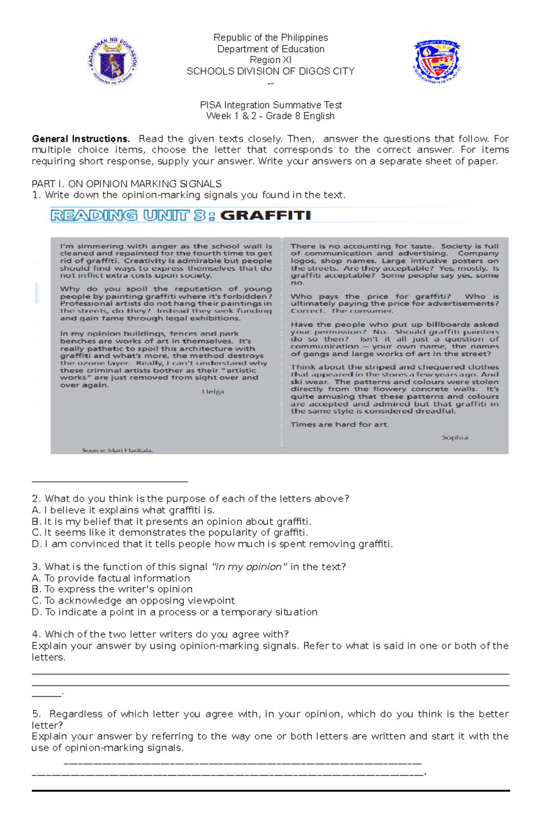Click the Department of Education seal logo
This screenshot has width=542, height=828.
point(112,61)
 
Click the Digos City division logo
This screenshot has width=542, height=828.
point(436,61)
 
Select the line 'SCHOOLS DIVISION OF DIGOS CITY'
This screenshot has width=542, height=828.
point(271,71)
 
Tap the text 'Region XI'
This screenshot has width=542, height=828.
point(271,60)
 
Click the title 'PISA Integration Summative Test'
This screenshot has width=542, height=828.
point(271,105)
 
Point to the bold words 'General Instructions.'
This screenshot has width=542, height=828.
point(80,139)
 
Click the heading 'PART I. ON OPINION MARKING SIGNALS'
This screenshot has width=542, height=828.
point(126,184)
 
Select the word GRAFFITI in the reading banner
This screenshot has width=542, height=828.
point(266,216)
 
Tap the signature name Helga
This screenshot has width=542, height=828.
point(213,392)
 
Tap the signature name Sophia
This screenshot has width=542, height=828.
point(455,437)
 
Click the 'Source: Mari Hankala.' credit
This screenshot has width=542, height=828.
point(117,450)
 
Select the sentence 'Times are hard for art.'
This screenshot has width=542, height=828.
point(340,425)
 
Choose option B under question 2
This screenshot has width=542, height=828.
point(172,522)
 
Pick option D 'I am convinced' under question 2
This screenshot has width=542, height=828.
point(212,544)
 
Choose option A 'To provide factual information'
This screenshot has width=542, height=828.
point(111,578)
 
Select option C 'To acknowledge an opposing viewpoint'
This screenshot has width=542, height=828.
point(134,601)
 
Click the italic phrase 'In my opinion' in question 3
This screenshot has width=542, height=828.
point(249,567)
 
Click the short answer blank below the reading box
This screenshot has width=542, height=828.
point(110,481)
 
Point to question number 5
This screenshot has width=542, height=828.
point(36,714)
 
